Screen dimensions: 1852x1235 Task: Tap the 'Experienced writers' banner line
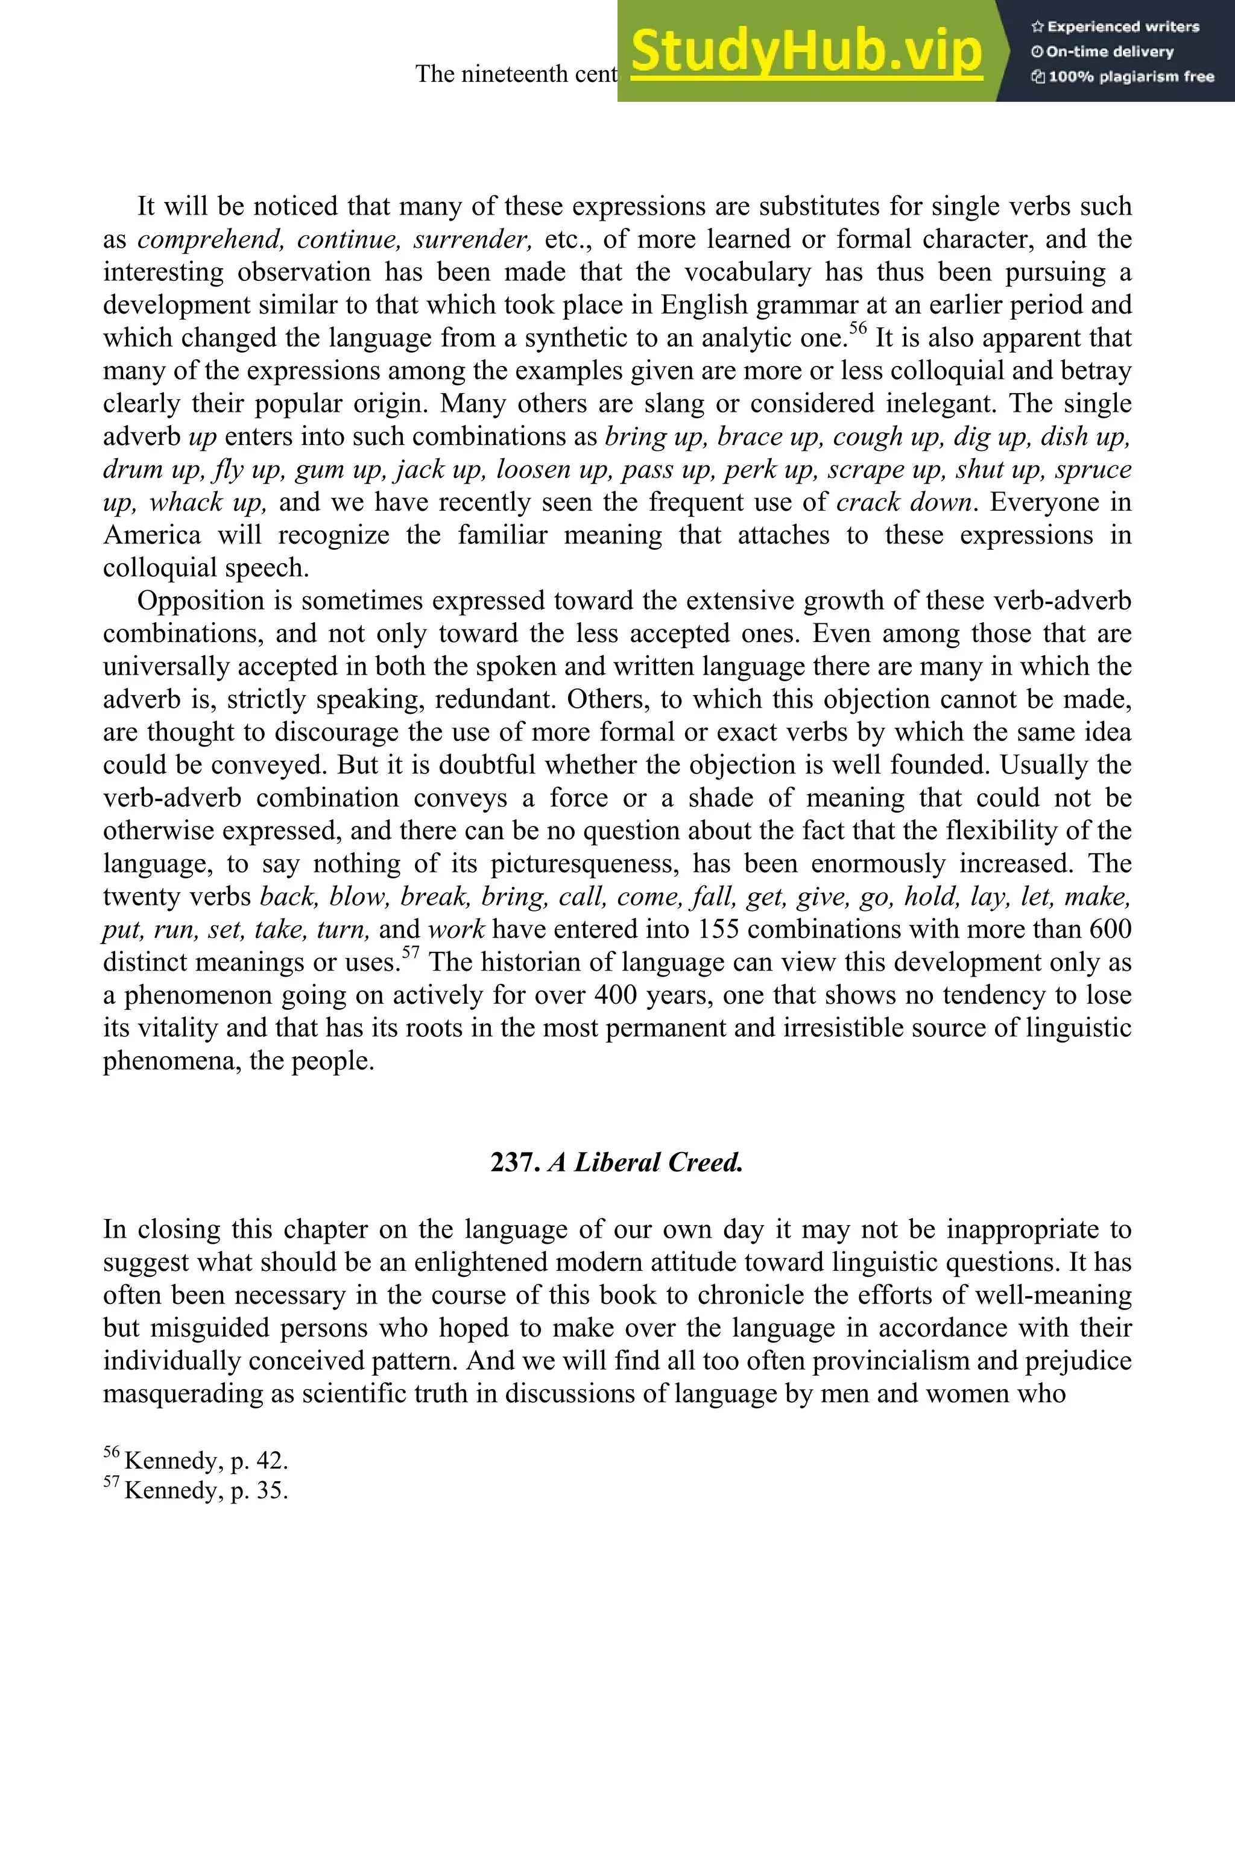1115,27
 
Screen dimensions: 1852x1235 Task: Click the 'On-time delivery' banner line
1103,52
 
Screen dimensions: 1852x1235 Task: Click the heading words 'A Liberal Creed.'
646,1163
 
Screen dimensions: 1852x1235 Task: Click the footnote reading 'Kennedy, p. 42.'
206,1461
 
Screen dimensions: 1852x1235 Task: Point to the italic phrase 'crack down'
903,502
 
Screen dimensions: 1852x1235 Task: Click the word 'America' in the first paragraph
151,535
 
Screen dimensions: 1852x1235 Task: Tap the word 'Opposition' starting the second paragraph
201,602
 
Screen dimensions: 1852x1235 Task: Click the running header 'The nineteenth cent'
516,74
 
